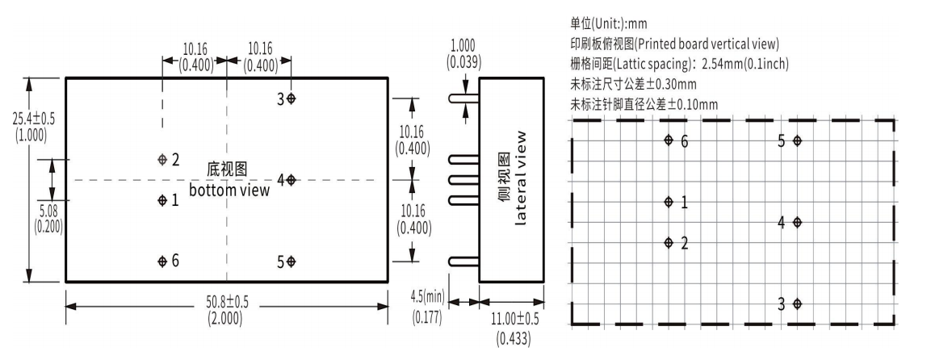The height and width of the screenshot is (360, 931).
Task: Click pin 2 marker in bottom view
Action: [162, 159]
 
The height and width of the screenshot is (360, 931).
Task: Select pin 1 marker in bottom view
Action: [162, 199]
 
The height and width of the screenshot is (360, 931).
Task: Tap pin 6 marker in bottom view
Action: [162, 261]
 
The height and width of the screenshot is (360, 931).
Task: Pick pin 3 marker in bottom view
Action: [291, 98]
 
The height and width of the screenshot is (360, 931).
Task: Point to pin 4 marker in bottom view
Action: [291, 180]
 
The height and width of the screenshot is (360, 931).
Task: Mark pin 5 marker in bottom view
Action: [291, 262]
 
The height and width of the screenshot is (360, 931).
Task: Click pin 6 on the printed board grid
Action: [669, 140]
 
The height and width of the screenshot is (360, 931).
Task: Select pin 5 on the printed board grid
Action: [798, 140]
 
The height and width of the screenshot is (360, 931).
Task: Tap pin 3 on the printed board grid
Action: [798, 304]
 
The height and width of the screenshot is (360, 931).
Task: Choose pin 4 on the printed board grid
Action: [798, 222]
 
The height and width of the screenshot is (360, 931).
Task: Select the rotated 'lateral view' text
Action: [521, 177]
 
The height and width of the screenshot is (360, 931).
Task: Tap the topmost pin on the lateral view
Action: [463, 98]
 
